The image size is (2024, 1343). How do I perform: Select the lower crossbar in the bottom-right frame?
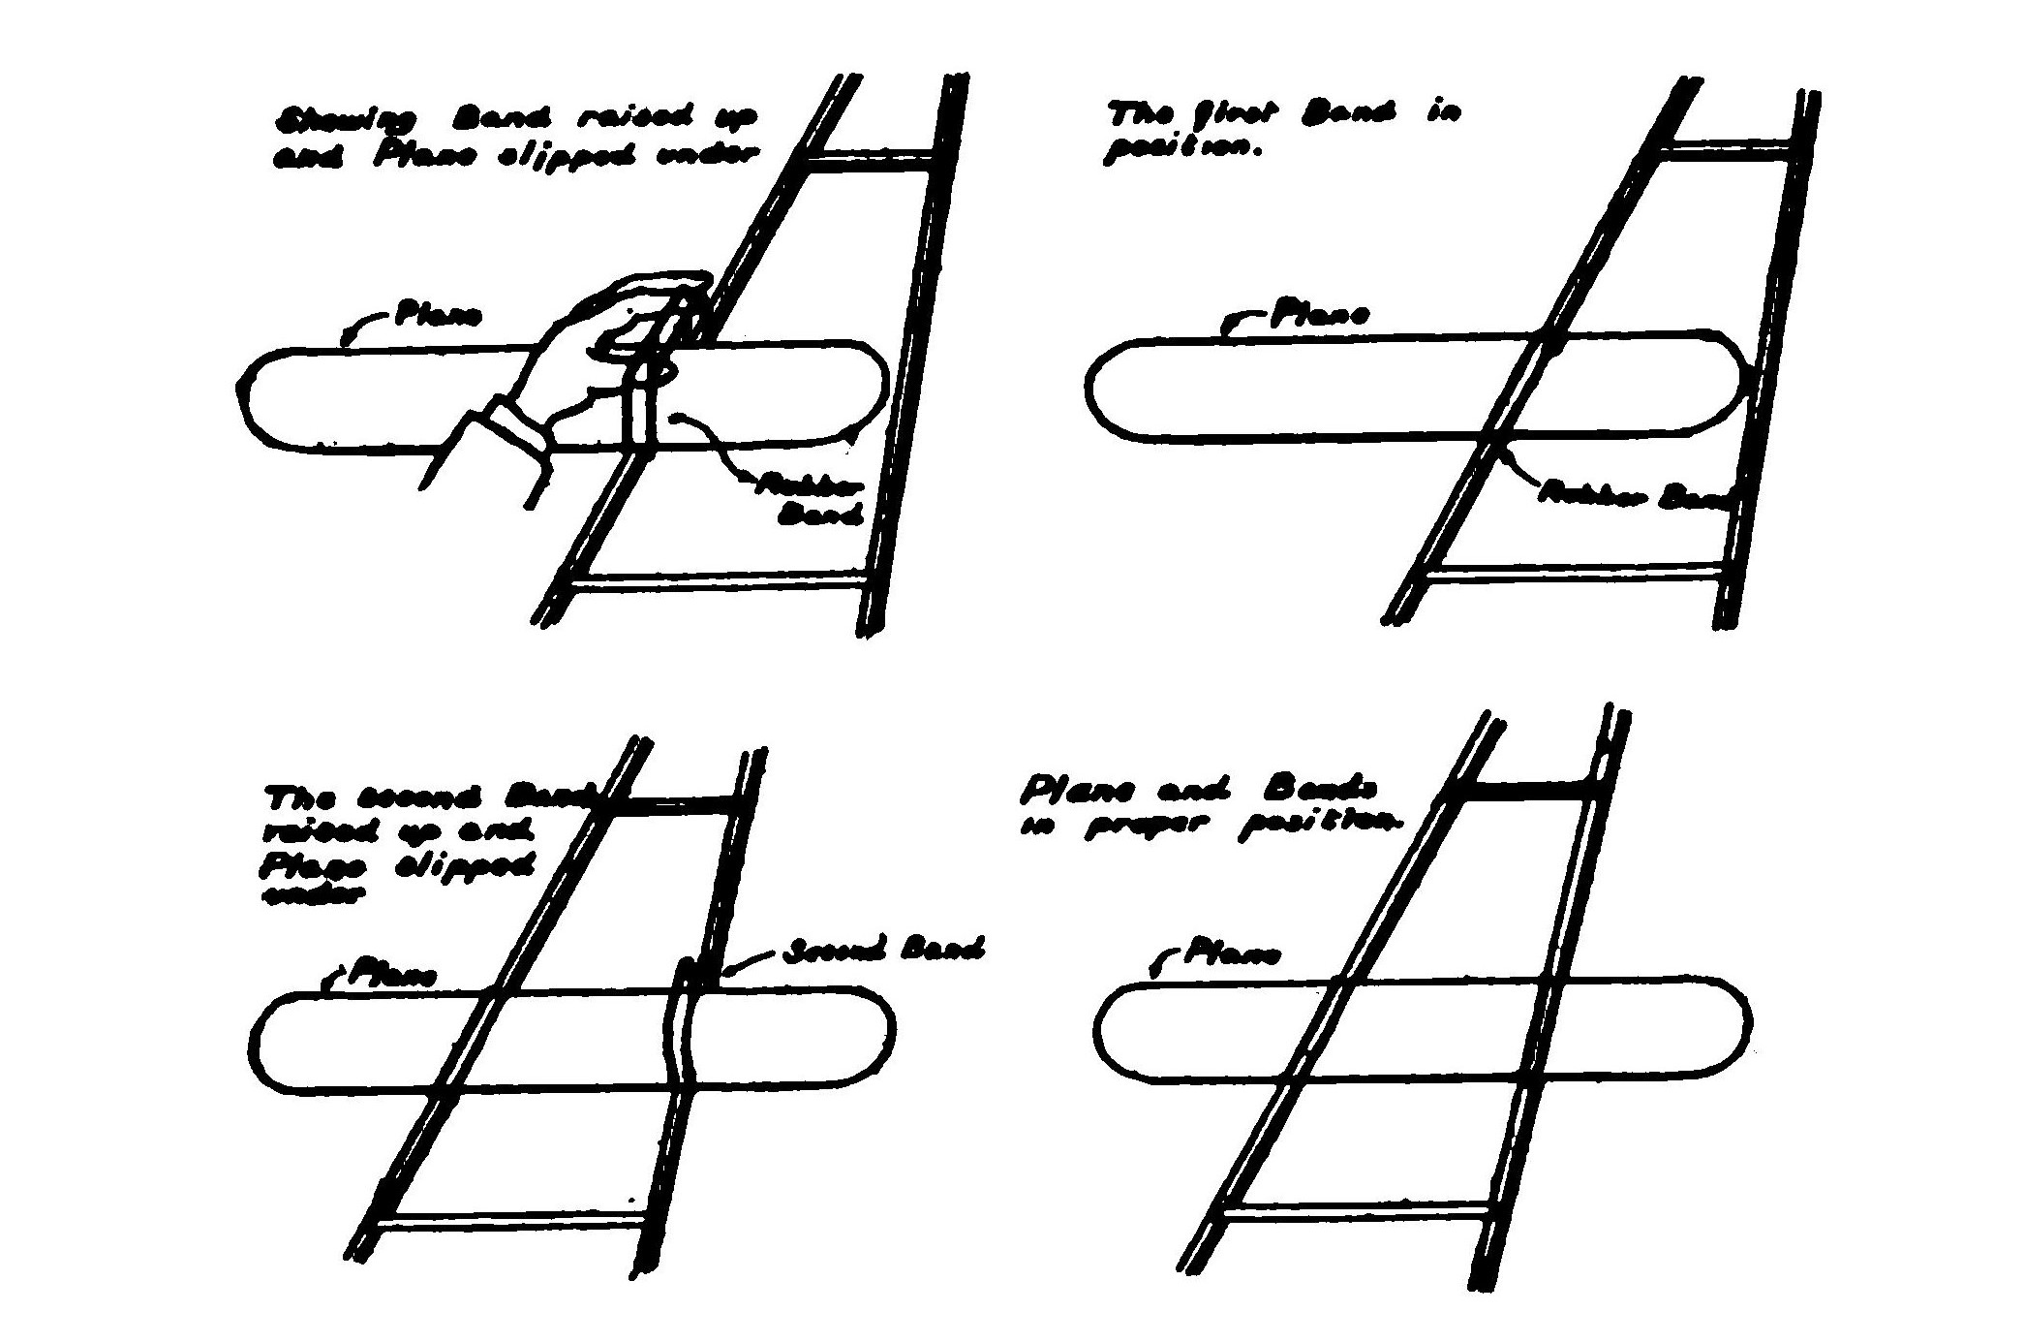1356,1208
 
